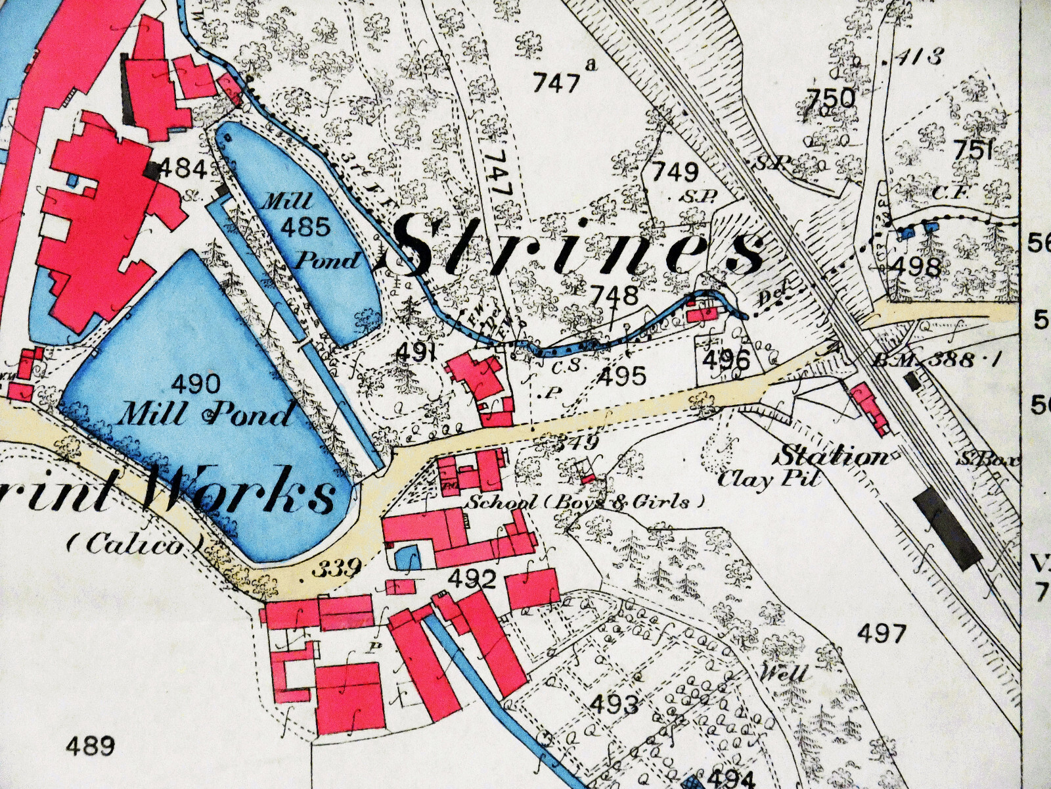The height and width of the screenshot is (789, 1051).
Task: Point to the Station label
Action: click(833, 456)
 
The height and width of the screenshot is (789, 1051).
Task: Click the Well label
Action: click(784, 674)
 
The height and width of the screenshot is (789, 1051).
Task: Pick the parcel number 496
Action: click(726, 360)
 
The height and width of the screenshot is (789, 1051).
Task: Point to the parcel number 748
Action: click(614, 295)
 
